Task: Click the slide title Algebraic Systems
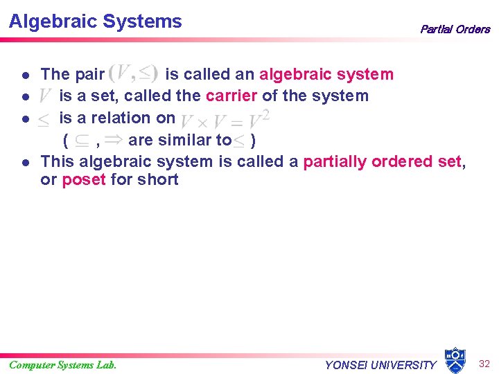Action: coord(95,21)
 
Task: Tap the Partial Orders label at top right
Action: coord(455,29)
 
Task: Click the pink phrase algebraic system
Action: coord(326,74)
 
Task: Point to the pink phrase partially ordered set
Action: coord(382,161)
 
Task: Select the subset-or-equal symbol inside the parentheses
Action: coord(81,141)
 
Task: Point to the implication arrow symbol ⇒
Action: coord(114,141)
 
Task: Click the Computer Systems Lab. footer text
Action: coord(62,365)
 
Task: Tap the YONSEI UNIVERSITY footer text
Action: coord(380,365)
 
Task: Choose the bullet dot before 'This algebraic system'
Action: coord(24,163)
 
